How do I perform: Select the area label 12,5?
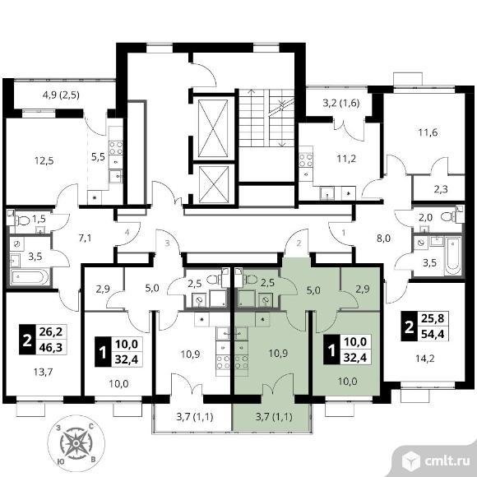coord(44,160)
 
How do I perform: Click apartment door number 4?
coord(127,233)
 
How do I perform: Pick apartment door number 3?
coord(167,243)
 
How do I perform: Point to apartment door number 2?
coord(299,243)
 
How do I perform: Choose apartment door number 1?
coord(344,233)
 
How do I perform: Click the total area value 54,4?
coord(433,335)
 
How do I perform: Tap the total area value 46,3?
coord(51,347)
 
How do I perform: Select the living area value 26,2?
coord(51,331)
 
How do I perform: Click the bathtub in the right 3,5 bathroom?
coord(452,256)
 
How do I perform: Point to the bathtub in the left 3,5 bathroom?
coord(30,277)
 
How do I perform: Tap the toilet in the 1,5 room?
coord(21,220)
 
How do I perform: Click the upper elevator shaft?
coord(213,127)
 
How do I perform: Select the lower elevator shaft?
coord(213,184)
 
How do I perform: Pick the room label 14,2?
coord(425,359)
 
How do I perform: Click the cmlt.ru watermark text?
coord(447,461)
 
